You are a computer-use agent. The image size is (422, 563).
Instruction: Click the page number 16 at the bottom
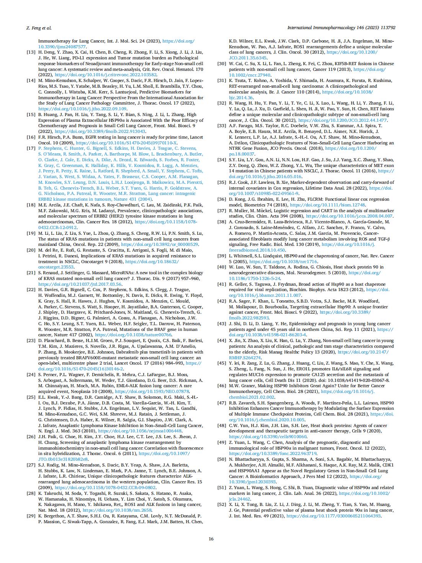(211, 539)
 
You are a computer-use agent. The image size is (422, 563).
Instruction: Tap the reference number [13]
(31, 52)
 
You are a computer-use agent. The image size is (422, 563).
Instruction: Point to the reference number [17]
(31, 148)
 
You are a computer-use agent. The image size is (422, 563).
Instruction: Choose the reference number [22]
(31, 290)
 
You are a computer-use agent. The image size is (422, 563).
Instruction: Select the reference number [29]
(31, 516)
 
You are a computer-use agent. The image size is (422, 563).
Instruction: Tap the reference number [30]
(222, 64)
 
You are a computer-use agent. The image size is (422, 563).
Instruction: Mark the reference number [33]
(222, 126)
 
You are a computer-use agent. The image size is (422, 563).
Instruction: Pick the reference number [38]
(222, 222)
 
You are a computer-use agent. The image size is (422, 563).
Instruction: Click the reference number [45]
(222, 363)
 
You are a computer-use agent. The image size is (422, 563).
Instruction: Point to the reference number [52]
(222, 504)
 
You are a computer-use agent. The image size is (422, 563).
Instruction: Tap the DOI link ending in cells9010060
(268, 437)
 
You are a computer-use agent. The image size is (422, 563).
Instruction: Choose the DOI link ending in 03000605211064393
(334, 516)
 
